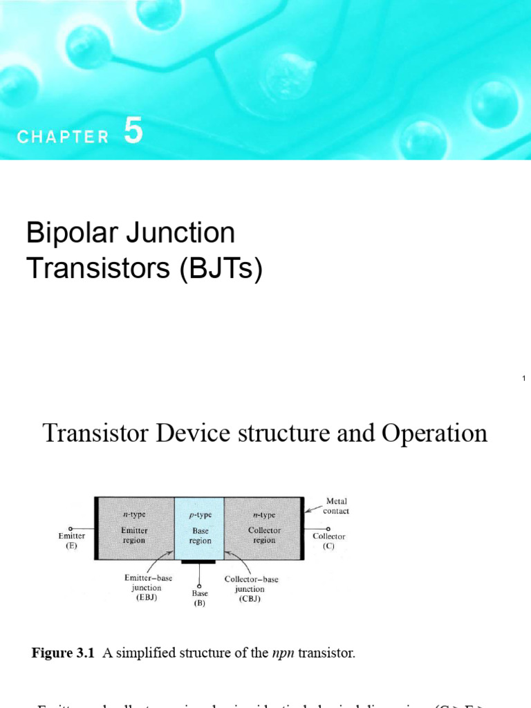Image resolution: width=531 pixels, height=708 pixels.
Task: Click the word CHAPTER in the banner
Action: point(63,137)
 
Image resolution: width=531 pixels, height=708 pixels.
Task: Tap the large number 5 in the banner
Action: point(134,131)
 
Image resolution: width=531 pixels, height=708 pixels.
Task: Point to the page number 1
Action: point(525,378)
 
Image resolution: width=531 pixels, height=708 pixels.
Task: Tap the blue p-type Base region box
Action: point(200,529)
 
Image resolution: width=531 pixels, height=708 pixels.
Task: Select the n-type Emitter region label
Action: point(133,530)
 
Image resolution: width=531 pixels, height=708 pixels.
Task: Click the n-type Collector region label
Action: point(264,530)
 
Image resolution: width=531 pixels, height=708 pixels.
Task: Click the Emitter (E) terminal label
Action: point(72,541)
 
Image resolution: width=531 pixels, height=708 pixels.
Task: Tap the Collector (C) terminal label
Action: point(328,541)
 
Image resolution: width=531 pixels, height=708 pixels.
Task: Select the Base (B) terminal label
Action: point(200,597)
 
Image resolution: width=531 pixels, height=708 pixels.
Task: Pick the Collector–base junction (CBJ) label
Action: point(251,588)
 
